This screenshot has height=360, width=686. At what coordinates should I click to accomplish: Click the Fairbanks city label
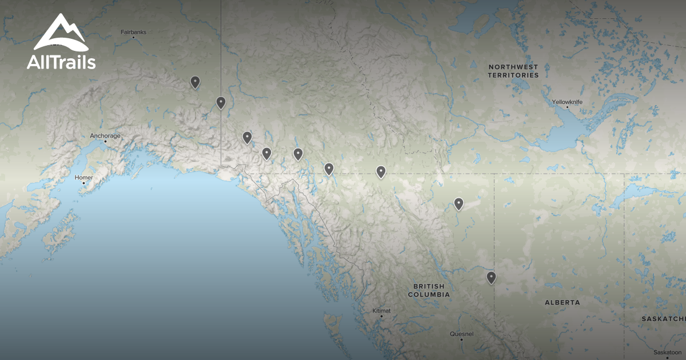pyautogui.click(x=133, y=32)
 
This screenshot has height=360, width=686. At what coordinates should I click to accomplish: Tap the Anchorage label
pyautogui.click(x=105, y=136)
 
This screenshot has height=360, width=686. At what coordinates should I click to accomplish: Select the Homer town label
pyautogui.click(x=83, y=178)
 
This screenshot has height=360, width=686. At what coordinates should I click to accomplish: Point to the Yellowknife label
pyautogui.click(x=567, y=102)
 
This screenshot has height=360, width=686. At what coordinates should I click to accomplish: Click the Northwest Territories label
pyautogui.click(x=513, y=71)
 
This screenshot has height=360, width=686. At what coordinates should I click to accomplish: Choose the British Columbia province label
pyautogui.click(x=428, y=290)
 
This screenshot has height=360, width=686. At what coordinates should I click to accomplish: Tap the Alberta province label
pyautogui.click(x=562, y=302)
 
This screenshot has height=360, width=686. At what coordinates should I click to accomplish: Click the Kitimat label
pyautogui.click(x=382, y=310)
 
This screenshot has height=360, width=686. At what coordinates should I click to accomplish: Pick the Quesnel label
pyautogui.click(x=461, y=334)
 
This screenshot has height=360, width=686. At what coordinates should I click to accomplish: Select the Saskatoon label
pyautogui.click(x=668, y=353)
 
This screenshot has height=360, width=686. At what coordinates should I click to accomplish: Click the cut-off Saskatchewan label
pyautogui.click(x=663, y=319)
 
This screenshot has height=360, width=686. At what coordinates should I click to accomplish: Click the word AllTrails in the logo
pyautogui.click(x=61, y=62)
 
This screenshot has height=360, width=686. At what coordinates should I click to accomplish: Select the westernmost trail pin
pyautogui.click(x=195, y=82)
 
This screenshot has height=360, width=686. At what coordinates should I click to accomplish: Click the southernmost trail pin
pyautogui.click(x=491, y=278)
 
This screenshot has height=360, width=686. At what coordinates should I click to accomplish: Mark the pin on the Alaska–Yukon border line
pyautogui.click(x=221, y=102)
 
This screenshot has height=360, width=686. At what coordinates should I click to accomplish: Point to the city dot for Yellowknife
pyautogui.click(x=568, y=107)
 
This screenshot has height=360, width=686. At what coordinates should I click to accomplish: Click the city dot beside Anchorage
pyautogui.click(x=105, y=141)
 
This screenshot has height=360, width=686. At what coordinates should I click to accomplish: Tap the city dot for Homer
pyautogui.click(x=83, y=183)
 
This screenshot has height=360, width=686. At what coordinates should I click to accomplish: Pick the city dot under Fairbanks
pyautogui.click(x=133, y=37)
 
